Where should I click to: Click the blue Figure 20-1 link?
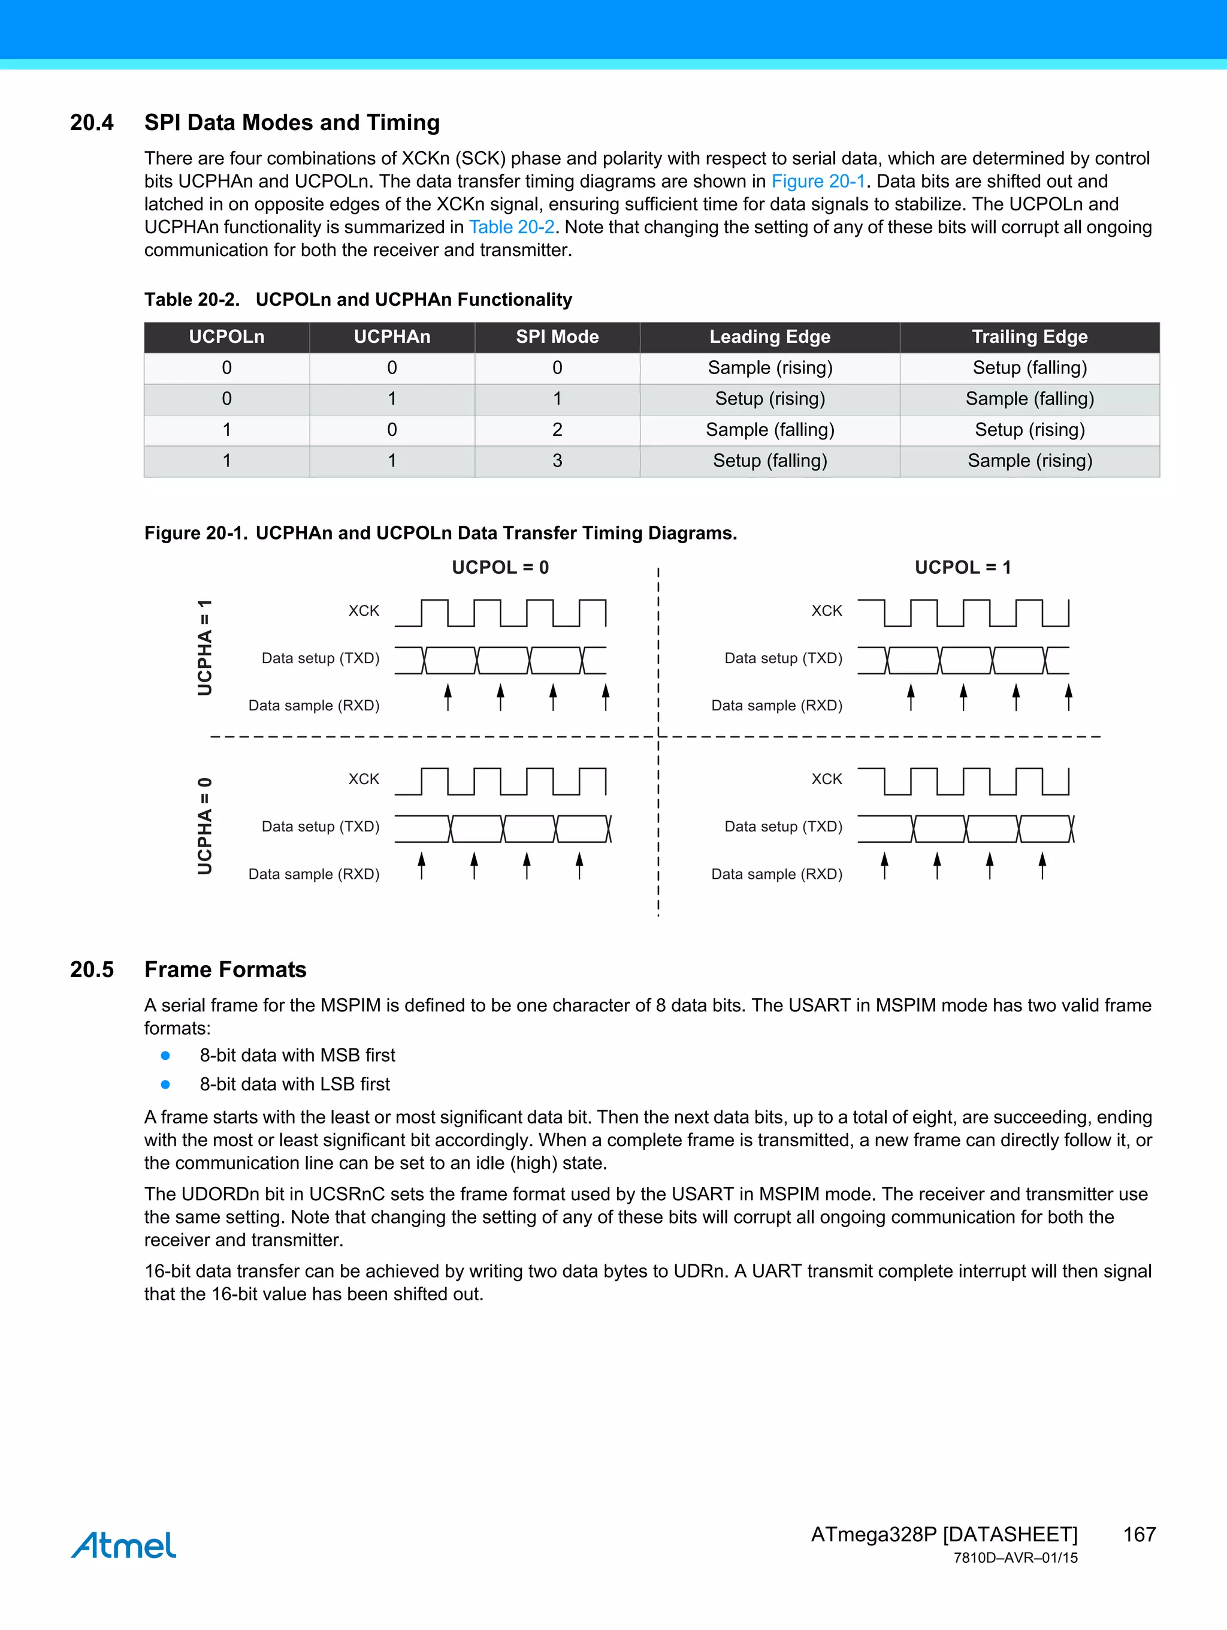pos(818,181)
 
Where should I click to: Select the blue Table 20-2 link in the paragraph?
pos(511,227)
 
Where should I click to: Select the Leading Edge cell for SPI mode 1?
pos(770,399)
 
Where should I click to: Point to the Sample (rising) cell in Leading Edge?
pos(770,367)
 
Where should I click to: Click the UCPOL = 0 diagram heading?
pos(500,567)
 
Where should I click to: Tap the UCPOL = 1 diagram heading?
pos(963,567)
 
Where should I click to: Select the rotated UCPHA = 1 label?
pos(205,647)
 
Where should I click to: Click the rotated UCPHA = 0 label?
pos(205,825)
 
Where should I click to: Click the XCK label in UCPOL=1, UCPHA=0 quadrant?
pos(826,779)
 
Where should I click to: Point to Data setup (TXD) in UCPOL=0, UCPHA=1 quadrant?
pos(321,658)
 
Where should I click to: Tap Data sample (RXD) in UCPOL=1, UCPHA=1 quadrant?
pos(776,705)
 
